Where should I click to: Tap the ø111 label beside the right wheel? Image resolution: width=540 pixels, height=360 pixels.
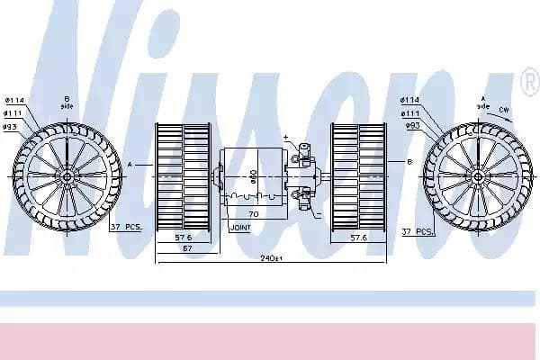pos(409,112)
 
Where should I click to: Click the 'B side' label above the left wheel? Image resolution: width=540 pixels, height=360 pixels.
pos(67,103)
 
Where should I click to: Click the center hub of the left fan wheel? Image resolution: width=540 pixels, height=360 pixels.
pos(67,175)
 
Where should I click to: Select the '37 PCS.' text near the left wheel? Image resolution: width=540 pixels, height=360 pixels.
pos(126,228)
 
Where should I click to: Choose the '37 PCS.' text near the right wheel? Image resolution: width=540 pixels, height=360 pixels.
pos(418,231)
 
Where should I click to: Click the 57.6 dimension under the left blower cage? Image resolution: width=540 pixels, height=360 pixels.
pos(183,238)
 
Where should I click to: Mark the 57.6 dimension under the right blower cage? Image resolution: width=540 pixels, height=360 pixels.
pos(358,238)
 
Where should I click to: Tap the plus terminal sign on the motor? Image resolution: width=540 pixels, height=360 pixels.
pos(285,138)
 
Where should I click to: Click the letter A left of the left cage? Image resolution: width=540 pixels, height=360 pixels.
pos(130,165)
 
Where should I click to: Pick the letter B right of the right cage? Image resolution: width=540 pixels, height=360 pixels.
pos(409,162)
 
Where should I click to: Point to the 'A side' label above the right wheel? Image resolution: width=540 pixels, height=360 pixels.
pos(483,103)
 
